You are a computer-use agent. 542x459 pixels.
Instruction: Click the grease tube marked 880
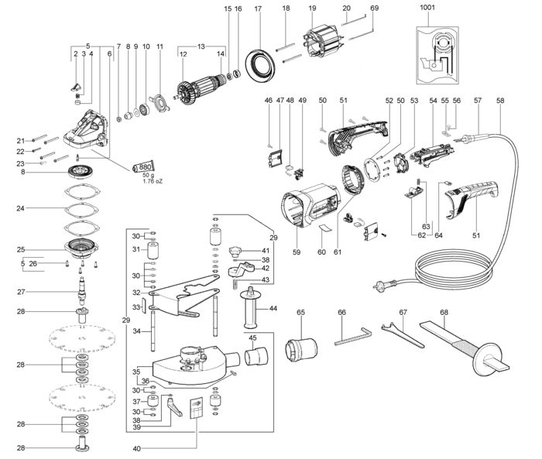144,167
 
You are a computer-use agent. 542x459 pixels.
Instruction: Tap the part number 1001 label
427,8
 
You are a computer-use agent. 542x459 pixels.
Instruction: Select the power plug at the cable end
385,285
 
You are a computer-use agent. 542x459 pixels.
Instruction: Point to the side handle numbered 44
252,307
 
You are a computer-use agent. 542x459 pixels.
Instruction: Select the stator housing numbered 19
324,43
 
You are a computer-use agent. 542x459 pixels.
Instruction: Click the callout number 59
297,252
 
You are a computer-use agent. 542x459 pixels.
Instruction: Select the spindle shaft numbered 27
82,288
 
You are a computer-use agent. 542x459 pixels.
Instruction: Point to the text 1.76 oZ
153,181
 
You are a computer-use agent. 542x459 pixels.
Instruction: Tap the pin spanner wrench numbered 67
403,334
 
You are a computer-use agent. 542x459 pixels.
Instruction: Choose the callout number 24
20,208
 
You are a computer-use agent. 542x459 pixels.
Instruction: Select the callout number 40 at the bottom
136,449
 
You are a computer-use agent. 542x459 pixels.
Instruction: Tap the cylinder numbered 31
153,250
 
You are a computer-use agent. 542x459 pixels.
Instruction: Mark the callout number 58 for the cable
500,100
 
